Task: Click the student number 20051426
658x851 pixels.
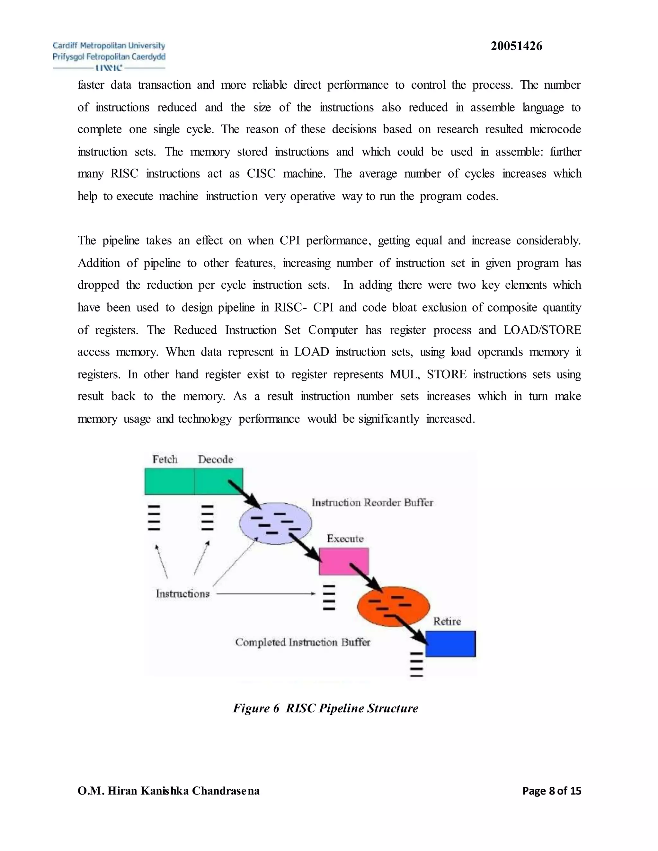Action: coord(516,46)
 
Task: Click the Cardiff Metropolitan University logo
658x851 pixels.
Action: coord(109,57)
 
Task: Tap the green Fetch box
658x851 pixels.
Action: coord(169,481)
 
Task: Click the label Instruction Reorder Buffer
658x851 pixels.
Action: coord(372,503)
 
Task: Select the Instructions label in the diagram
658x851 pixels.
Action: coord(182,593)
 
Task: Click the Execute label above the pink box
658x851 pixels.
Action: coord(345,539)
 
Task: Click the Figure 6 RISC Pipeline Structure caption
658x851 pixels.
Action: coord(325,708)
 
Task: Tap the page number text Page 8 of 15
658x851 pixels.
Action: coord(552,791)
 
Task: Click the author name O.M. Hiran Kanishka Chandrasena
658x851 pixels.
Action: coord(168,791)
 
